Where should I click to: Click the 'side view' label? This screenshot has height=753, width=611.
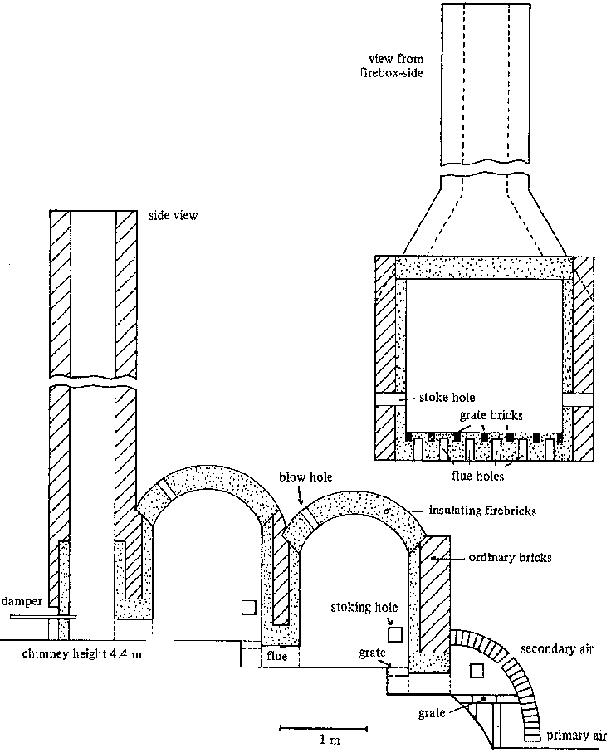tap(173, 215)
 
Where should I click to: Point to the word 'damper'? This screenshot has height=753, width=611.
tap(22, 601)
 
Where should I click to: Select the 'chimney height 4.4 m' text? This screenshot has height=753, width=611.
tap(82, 654)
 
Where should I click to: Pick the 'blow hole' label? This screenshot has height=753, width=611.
tap(306, 477)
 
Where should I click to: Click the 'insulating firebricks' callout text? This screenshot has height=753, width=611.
tap(482, 511)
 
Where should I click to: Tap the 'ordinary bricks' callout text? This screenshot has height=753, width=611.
tap(510, 558)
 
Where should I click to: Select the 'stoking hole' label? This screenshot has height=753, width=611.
tap(364, 608)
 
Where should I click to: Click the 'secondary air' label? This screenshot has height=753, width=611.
tap(557, 649)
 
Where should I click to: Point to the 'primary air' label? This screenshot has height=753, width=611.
tap(576, 736)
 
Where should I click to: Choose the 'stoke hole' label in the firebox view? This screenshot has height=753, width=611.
tap(447, 397)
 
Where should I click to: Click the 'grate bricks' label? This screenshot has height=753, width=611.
tap(491, 414)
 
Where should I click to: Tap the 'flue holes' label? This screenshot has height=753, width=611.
tap(477, 476)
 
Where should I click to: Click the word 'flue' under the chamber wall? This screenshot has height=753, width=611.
tap(276, 656)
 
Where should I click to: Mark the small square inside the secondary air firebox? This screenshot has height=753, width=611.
tap(477, 671)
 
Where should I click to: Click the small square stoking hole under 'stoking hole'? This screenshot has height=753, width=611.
tap(395, 634)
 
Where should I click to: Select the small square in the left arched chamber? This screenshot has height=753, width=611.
tap(249, 608)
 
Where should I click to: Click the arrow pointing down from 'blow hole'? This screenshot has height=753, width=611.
tap(301, 495)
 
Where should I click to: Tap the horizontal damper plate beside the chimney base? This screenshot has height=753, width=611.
tap(43, 616)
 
